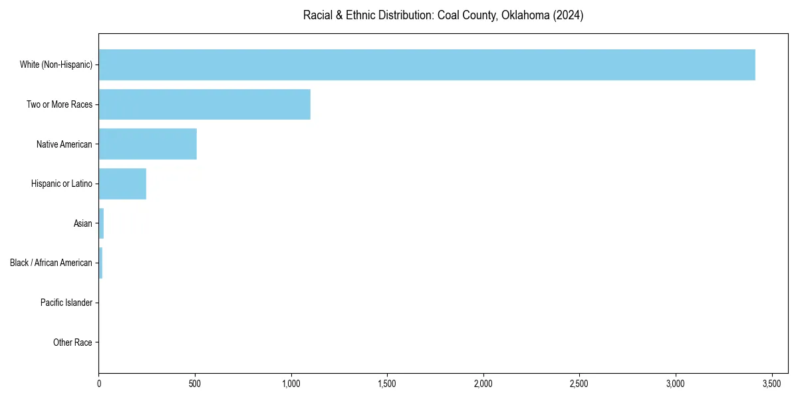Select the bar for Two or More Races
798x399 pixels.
click(x=205, y=104)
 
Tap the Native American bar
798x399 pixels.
click(x=148, y=144)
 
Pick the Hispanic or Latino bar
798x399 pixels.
click(x=122, y=184)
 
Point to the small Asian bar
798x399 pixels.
click(x=101, y=223)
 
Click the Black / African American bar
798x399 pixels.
click(x=100, y=263)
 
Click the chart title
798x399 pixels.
click(x=443, y=15)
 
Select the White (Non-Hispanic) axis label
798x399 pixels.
click(x=56, y=65)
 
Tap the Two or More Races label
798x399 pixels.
click(x=59, y=104)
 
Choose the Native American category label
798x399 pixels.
click(x=65, y=144)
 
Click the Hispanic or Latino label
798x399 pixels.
click(x=62, y=184)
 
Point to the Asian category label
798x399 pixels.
click(x=83, y=223)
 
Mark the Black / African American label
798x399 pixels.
click(x=51, y=263)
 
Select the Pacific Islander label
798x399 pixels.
click(x=66, y=303)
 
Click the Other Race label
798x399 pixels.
click(x=72, y=342)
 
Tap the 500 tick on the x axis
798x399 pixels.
click(x=195, y=384)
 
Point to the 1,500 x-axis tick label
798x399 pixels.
click(x=387, y=384)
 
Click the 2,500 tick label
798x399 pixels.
click(x=579, y=384)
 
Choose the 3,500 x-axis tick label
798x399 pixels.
click(x=771, y=384)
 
